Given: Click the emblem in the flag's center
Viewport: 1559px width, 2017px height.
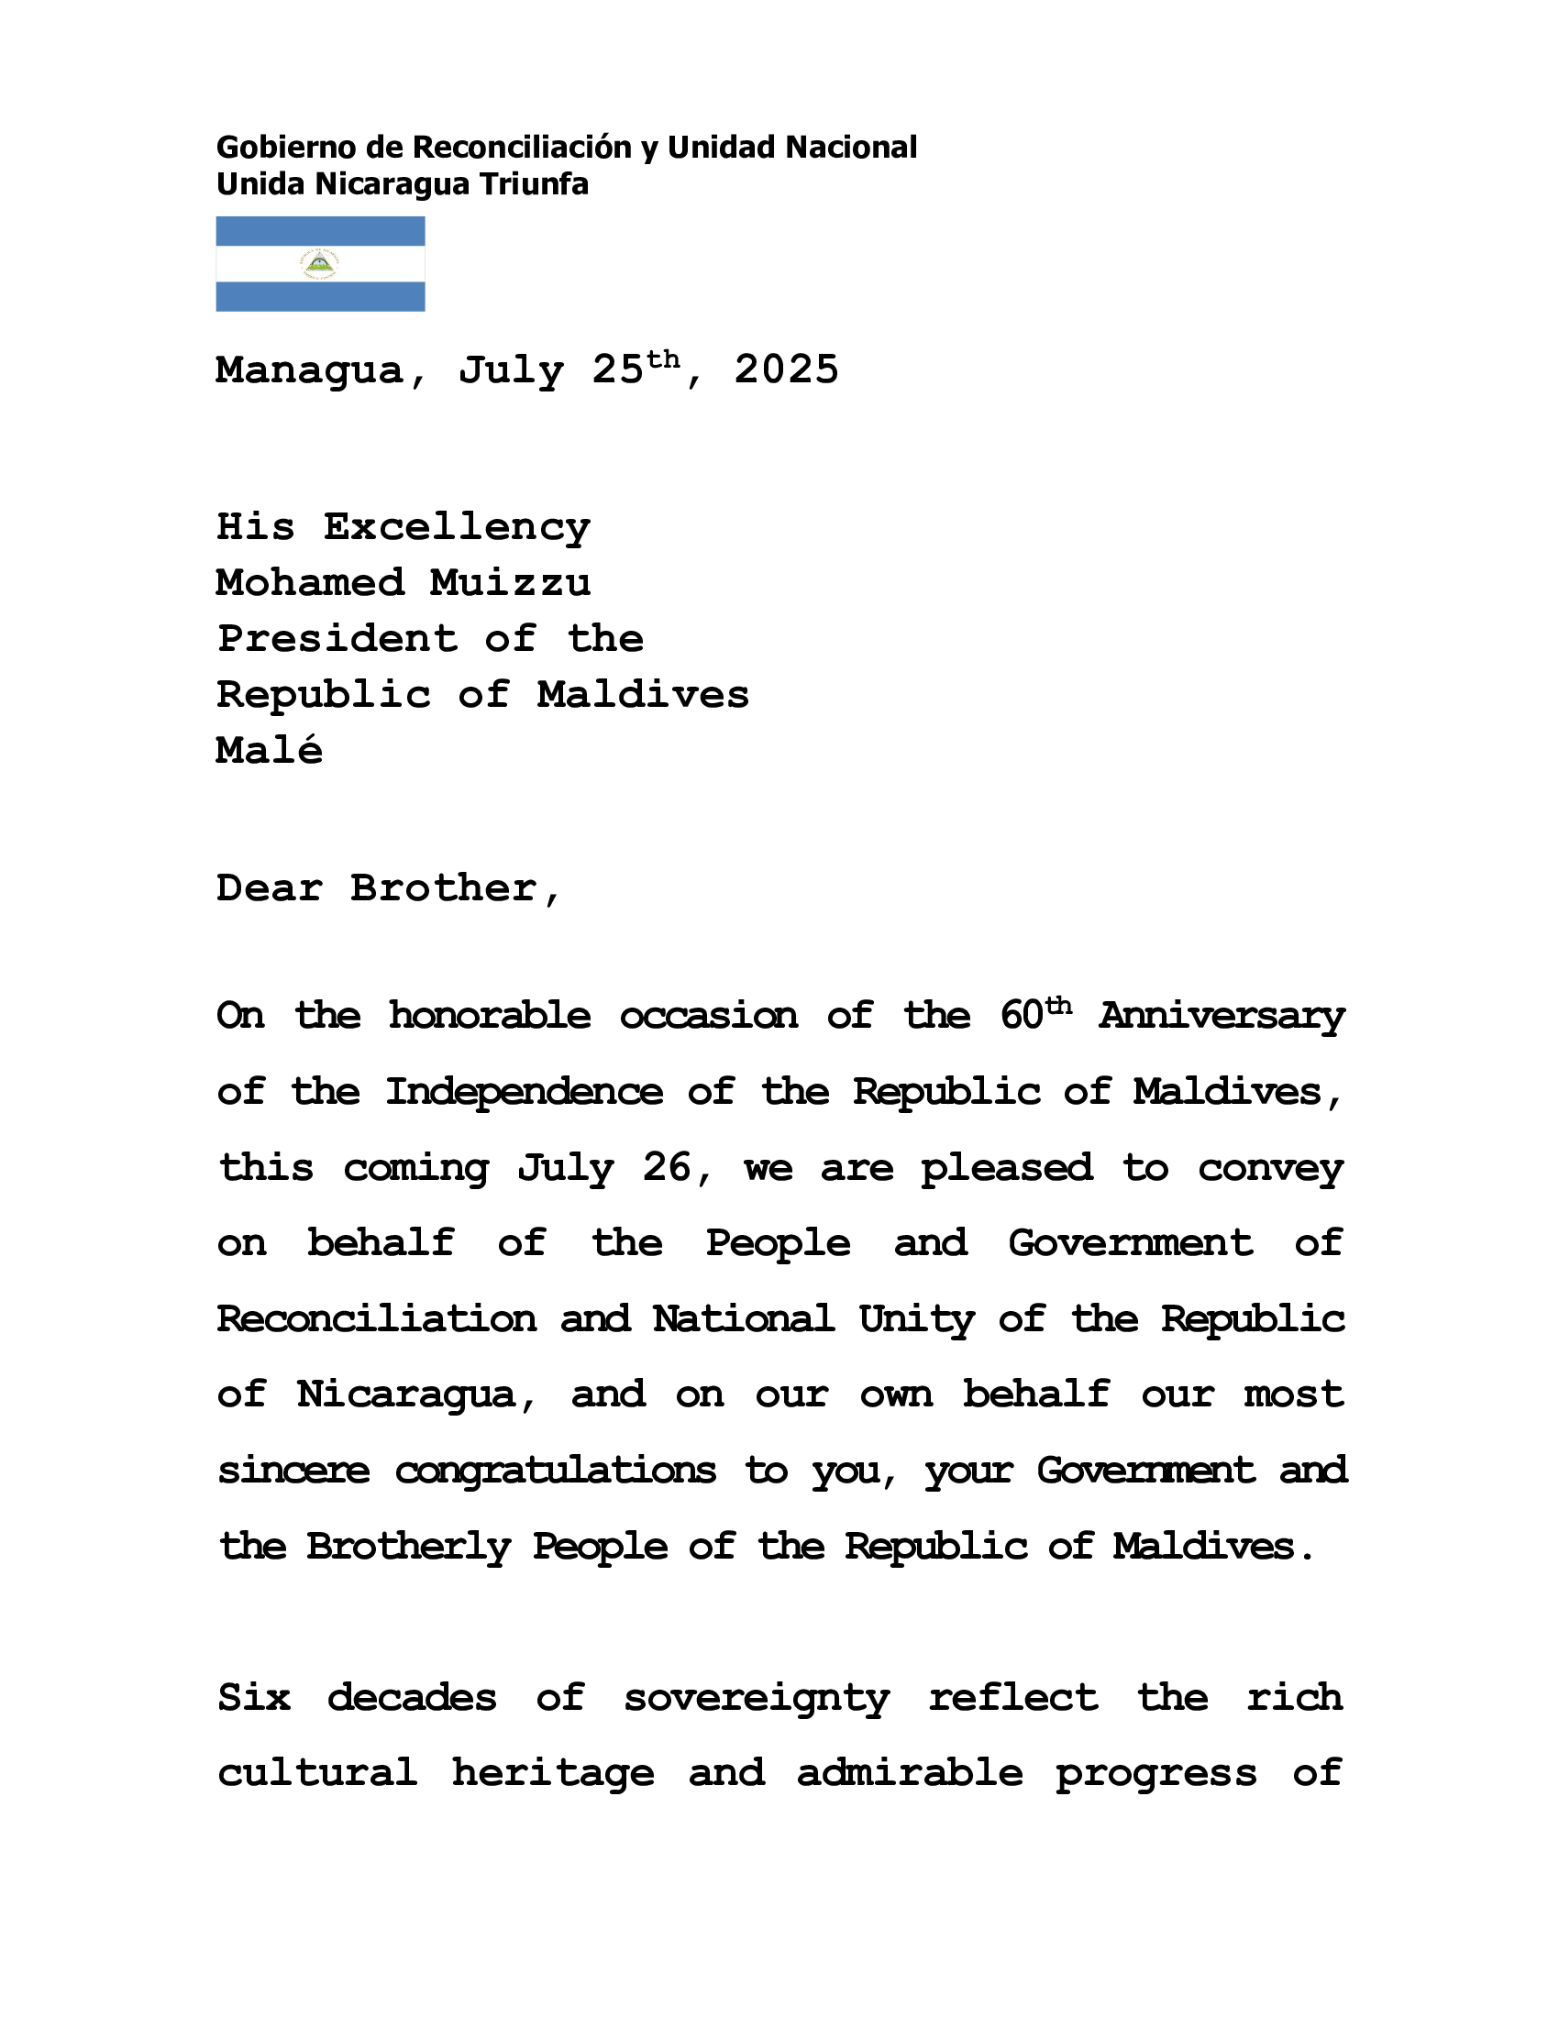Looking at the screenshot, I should point(319,264).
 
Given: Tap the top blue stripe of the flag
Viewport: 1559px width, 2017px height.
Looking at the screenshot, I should point(319,231).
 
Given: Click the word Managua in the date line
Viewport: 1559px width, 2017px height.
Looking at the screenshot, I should point(309,371).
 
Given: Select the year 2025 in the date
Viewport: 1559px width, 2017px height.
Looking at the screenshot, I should point(786,370).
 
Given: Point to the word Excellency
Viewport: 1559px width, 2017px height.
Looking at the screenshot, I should point(457,527).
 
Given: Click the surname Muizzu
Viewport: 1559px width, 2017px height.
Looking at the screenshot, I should point(510,583).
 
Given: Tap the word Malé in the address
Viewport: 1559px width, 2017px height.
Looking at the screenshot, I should point(269,750).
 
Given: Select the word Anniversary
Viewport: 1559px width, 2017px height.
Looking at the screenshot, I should point(1221,1016).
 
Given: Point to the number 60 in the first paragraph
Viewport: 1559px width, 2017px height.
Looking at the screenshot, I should point(1022,1016).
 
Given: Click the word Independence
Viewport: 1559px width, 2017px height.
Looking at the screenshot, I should point(524,1093).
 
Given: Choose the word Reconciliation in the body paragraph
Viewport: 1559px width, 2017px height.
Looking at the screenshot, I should point(377,1318).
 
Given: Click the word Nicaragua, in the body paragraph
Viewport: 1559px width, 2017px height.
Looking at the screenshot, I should point(406,1394).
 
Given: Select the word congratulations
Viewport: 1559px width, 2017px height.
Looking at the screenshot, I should point(555,1471).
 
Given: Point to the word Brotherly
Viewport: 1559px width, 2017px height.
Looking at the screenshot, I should point(408,1546).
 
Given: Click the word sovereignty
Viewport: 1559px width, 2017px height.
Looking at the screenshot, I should point(757,1698).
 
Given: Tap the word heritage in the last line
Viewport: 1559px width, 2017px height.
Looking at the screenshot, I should point(552,1774).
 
